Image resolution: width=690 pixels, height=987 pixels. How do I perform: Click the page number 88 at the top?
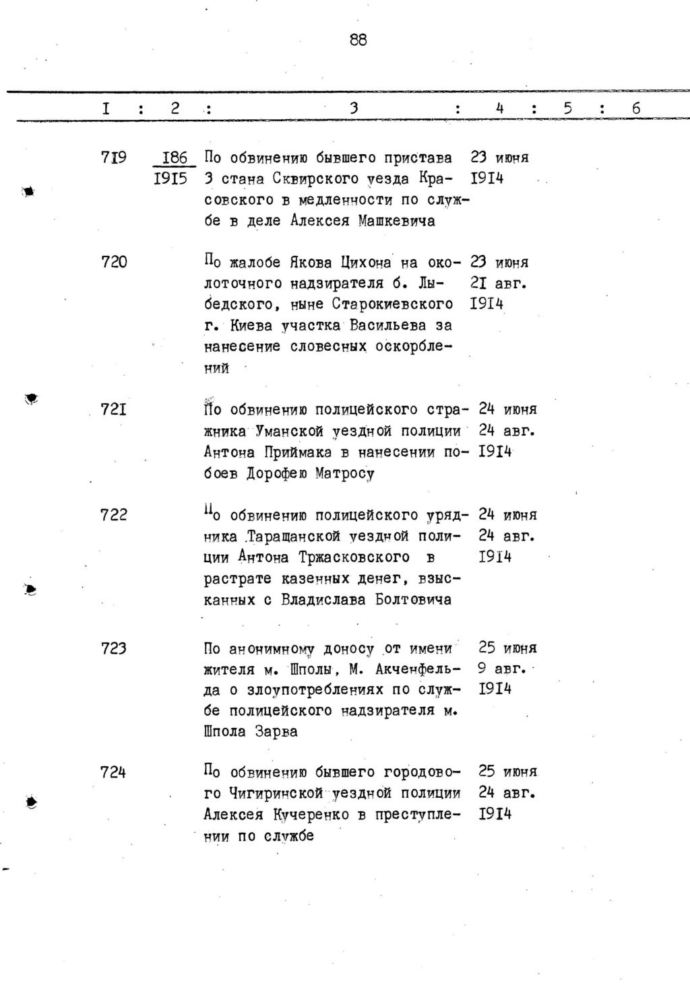(358, 40)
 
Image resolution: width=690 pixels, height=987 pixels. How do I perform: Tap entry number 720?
(113, 262)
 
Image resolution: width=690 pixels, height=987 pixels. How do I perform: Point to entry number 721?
(113, 409)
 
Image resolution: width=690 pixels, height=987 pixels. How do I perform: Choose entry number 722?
(113, 514)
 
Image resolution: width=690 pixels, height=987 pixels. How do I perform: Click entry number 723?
(113, 648)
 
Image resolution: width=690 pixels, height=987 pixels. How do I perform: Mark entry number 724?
(113, 772)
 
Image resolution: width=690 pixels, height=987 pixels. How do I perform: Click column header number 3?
(353, 108)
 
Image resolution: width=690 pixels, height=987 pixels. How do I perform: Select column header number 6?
(635, 108)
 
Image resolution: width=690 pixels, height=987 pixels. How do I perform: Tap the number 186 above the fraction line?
(175, 158)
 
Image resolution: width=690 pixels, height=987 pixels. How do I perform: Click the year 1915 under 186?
(170, 179)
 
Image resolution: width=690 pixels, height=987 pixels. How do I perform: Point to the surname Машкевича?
(396, 221)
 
